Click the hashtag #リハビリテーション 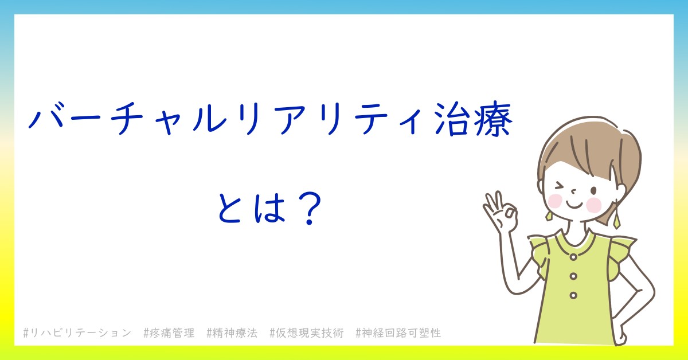click(x=77, y=333)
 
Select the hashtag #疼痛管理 click(x=169, y=333)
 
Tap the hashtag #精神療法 click(x=232, y=333)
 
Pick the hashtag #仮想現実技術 click(x=307, y=333)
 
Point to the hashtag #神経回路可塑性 click(x=398, y=333)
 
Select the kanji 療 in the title click(x=493, y=119)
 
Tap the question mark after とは click(x=310, y=209)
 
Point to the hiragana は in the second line click(x=269, y=208)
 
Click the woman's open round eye click(x=594, y=191)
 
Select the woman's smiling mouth click(x=574, y=205)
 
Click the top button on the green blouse click(x=573, y=257)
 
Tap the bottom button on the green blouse click(x=573, y=295)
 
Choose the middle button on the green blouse click(x=573, y=276)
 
